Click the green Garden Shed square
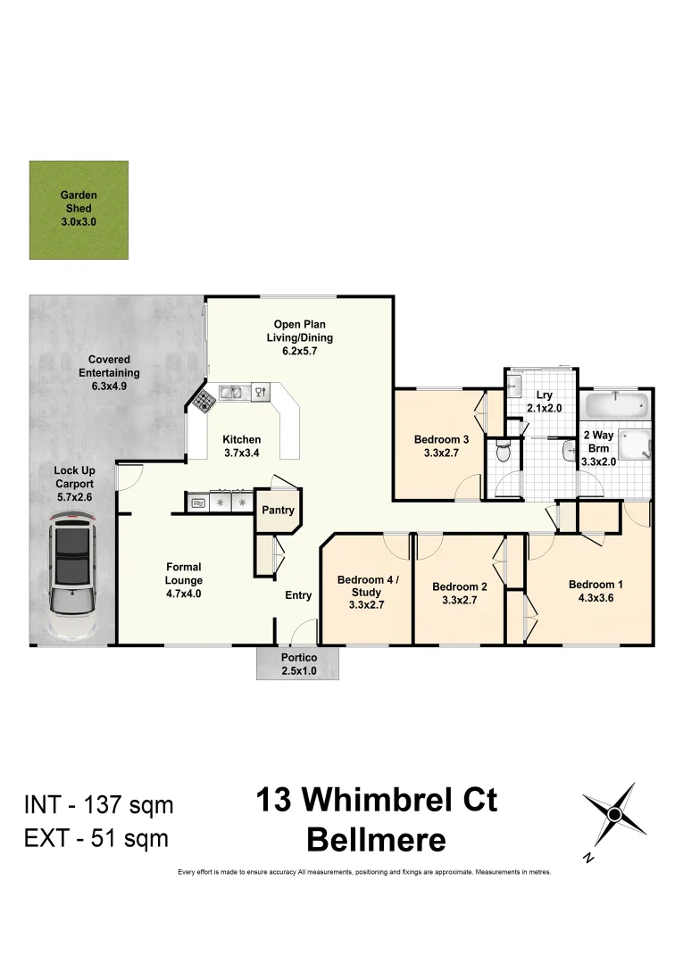pos(79,210)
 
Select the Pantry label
pos(278,511)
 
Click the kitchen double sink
pos(231,391)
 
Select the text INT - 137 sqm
pos(98,805)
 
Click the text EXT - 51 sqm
pos(96,838)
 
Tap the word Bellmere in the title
pos(376,839)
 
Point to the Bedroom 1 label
pos(596,586)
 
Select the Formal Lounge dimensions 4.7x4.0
pos(184,593)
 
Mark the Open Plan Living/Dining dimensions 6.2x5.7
pos(299,351)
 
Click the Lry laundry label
pos(544,395)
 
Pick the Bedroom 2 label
pos(459,586)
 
